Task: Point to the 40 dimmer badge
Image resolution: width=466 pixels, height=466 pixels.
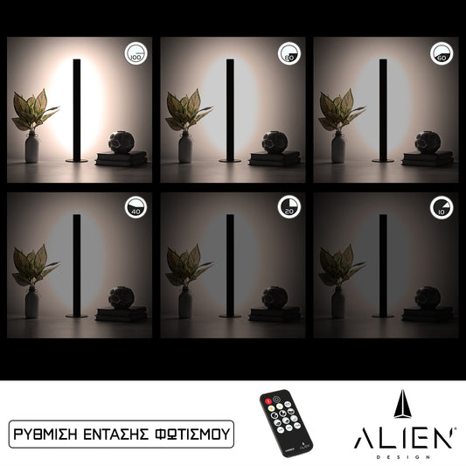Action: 136,207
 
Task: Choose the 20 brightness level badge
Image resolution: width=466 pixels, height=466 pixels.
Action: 289,207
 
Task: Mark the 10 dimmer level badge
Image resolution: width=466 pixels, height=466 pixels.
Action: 442,207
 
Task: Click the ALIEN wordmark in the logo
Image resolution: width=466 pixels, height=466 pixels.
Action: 404,438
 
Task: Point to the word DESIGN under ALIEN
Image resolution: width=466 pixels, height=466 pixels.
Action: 404,456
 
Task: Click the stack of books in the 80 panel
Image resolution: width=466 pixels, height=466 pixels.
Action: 274,158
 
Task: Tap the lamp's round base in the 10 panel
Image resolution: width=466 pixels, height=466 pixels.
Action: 383,315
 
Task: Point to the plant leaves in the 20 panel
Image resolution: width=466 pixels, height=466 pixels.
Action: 188,264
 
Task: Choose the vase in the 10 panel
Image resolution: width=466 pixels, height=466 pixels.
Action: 338,302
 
